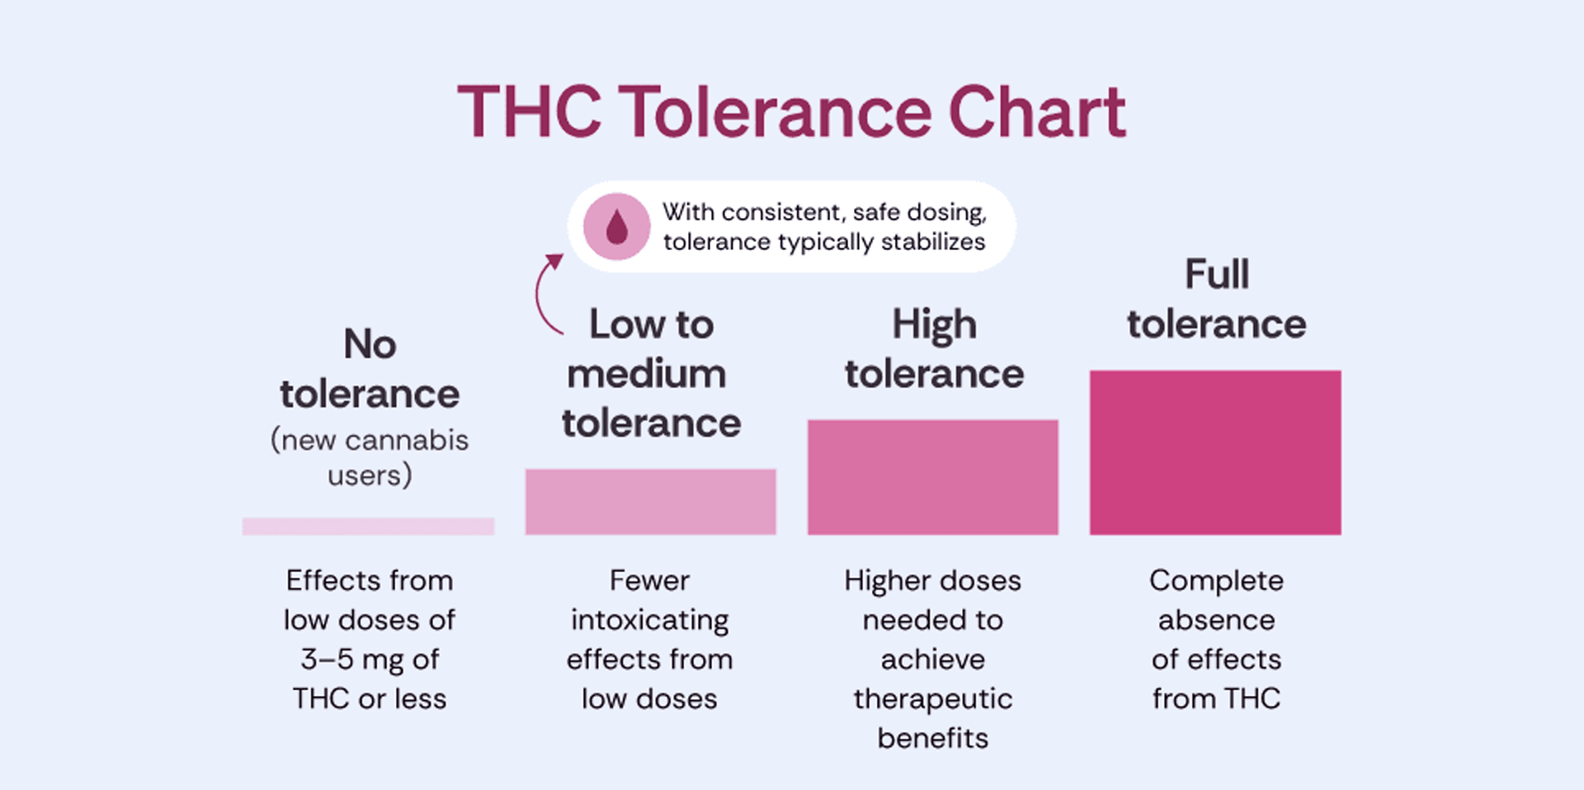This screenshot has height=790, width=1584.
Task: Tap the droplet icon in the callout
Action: [x=617, y=226]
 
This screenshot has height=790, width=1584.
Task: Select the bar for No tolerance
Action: [x=368, y=526]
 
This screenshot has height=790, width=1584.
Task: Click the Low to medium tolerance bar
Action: [x=650, y=501]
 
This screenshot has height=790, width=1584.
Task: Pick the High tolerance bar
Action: [x=932, y=476]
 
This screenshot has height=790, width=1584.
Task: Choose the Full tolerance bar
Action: [x=1214, y=452]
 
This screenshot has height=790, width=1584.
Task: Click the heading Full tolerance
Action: [x=1217, y=299]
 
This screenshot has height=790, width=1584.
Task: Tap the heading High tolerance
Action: [x=934, y=349]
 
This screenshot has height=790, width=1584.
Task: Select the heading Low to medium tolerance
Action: [x=651, y=374]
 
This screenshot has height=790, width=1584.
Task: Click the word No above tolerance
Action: [x=370, y=344]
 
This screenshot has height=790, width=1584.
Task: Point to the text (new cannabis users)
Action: [x=370, y=457]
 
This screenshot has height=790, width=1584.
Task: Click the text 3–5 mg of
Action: [x=370, y=659]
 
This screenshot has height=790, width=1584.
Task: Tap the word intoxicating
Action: [x=650, y=620]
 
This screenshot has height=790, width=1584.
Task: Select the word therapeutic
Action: [x=932, y=699]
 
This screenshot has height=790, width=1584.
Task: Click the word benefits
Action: [x=932, y=738]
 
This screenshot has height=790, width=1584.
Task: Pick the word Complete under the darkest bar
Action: [x=1216, y=580]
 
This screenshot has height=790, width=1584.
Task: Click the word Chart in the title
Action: [x=1037, y=111]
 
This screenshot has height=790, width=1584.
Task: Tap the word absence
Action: [x=1216, y=620]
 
